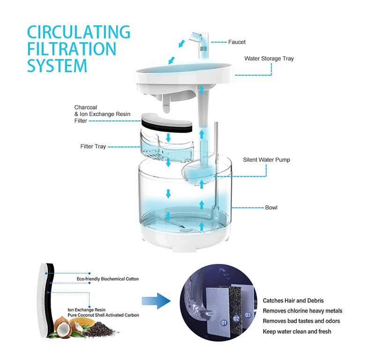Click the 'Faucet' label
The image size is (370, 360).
(x=237, y=42)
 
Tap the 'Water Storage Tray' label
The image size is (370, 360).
(x=269, y=59)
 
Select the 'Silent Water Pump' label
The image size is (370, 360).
(x=266, y=160)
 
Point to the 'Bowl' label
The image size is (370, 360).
(x=271, y=207)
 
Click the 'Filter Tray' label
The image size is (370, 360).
(x=93, y=147)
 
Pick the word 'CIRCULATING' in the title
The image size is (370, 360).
(x=78, y=32)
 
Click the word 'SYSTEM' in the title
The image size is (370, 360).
(x=57, y=66)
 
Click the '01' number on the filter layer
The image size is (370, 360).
(x=224, y=322)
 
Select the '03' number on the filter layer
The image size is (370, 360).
(x=248, y=315)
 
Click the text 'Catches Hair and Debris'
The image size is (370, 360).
(x=293, y=300)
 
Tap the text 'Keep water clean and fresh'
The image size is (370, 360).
(x=297, y=331)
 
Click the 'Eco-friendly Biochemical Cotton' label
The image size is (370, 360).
(x=108, y=279)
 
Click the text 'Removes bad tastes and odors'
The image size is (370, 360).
(x=301, y=321)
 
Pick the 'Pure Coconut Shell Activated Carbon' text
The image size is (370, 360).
(x=103, y=315)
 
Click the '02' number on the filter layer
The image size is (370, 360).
(x=237, y=319)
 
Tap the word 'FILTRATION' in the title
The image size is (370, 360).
(x=71, y=49)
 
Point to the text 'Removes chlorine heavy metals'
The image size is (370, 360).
(x=302, y=311)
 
